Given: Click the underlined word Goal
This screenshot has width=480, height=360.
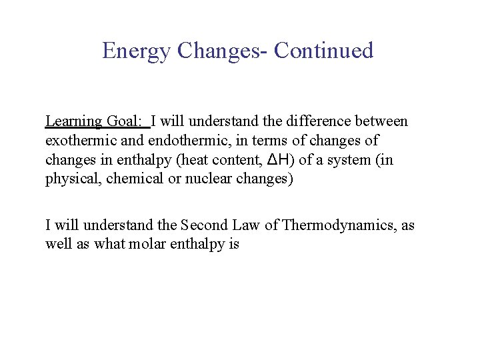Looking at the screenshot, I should tap(125, 121).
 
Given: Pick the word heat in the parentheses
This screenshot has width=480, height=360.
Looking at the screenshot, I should tap(188, 160).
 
